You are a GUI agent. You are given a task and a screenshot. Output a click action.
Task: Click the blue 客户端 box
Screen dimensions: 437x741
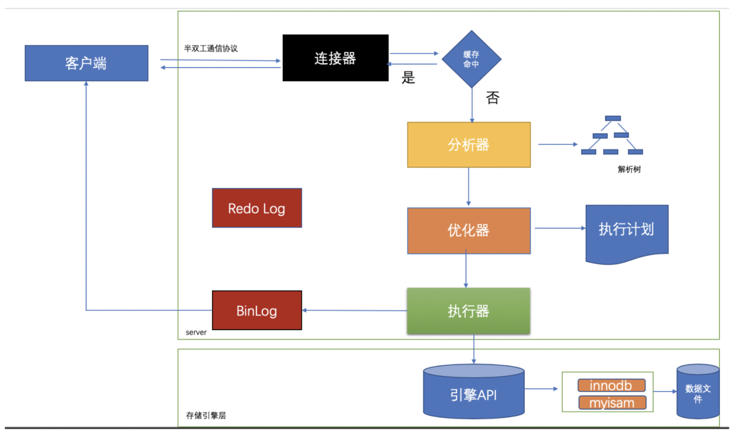pos(86,63)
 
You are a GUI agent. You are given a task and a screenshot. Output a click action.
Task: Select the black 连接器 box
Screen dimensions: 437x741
pos(335,58)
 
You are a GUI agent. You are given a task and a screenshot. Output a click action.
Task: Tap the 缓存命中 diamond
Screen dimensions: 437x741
pos(471,58)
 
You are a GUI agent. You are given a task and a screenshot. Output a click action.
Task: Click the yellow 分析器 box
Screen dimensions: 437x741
pos(469,145)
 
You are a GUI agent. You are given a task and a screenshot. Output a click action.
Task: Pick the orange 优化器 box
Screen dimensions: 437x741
pos(469,230)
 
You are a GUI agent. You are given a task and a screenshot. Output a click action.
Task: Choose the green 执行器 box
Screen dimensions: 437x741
pos(469,311)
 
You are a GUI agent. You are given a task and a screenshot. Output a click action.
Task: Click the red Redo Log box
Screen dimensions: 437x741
pos(257,208)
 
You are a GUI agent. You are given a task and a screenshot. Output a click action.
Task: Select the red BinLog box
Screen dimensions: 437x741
pos(257,311)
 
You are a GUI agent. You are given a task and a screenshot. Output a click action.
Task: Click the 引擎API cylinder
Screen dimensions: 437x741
pos(473,392)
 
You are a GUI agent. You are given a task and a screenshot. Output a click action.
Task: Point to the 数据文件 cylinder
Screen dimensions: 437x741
pos(698,392)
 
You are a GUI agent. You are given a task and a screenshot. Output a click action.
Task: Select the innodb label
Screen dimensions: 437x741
pos(611,385)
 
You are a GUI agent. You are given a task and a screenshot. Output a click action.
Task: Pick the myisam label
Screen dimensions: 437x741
pos(611,403)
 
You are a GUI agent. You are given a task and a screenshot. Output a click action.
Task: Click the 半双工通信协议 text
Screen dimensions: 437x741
pos(211,49)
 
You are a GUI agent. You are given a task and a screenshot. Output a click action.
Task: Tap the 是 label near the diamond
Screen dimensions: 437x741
pos(408,78)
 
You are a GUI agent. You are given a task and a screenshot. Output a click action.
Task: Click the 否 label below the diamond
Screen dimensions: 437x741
pos(493,97)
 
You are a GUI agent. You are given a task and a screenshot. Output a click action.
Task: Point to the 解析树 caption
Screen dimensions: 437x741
pos(630,169)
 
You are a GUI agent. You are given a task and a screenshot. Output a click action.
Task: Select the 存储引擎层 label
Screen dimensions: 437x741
pos(207,415)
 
